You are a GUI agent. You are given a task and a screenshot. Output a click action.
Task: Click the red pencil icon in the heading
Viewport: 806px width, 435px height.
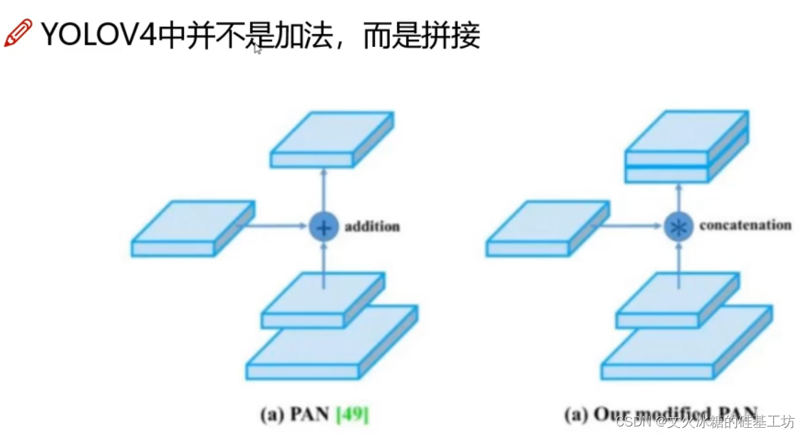pyautogui.click(x=18, y=33)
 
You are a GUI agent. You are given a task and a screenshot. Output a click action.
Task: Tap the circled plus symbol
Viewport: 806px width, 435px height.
pyautogui.click(x=323, y=227)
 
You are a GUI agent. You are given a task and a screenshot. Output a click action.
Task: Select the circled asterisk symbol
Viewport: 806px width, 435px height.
pyautogui.click(x=677, y=227)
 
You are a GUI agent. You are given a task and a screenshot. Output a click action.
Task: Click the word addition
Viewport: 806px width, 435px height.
pyautogui.click(x=372, y=227)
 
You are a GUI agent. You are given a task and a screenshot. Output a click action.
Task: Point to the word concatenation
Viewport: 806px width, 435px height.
pyautogui.click(x=745, y=226)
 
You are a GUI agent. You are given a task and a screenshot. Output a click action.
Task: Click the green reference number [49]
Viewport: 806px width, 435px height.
pyautogui.click(x=351, y=414)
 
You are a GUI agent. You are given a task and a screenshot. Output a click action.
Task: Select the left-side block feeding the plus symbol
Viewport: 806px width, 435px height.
pyautogui.click(x=192, y=228)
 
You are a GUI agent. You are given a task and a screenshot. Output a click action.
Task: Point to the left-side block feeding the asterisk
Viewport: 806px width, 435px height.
pyautogui.click(x=547, y=228)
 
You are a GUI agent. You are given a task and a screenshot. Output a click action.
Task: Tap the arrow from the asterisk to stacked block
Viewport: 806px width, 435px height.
pyautogui.click(x=677, y=198)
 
